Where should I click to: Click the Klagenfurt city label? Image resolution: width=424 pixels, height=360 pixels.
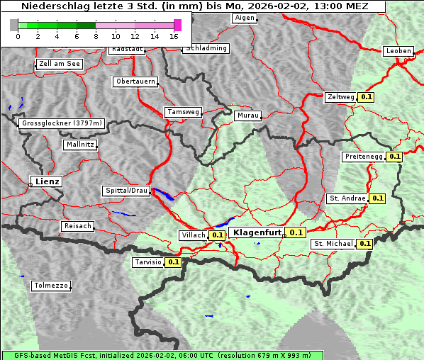[257, 232]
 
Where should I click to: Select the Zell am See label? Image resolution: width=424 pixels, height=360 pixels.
[60, 64]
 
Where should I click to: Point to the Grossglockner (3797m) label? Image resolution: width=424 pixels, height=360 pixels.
[62, 123]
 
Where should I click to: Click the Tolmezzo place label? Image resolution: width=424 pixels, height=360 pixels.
[50, 286]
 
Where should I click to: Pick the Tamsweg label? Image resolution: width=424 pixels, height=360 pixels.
[183, 112]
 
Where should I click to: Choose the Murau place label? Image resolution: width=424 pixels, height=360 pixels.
[248, 116]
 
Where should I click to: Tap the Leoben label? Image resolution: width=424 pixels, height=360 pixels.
[398, 51]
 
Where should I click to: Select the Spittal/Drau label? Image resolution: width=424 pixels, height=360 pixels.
[127, 191]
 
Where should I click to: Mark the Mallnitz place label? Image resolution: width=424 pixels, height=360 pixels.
[80, 145]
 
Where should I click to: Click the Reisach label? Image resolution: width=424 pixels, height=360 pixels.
[77, 226]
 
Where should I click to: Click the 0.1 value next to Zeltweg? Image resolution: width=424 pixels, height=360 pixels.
[366, 97]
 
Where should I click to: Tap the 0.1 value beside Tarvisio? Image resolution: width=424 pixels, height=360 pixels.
[173, 262]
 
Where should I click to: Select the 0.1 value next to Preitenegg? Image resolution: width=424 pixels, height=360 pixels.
[394, 157]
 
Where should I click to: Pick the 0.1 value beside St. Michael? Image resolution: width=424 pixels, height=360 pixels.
[364, 244]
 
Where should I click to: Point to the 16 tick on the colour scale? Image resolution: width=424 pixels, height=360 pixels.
[174, 36]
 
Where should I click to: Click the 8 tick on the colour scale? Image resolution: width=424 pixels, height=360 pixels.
[96, 36]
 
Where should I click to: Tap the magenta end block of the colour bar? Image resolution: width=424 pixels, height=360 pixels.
[177, 25]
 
